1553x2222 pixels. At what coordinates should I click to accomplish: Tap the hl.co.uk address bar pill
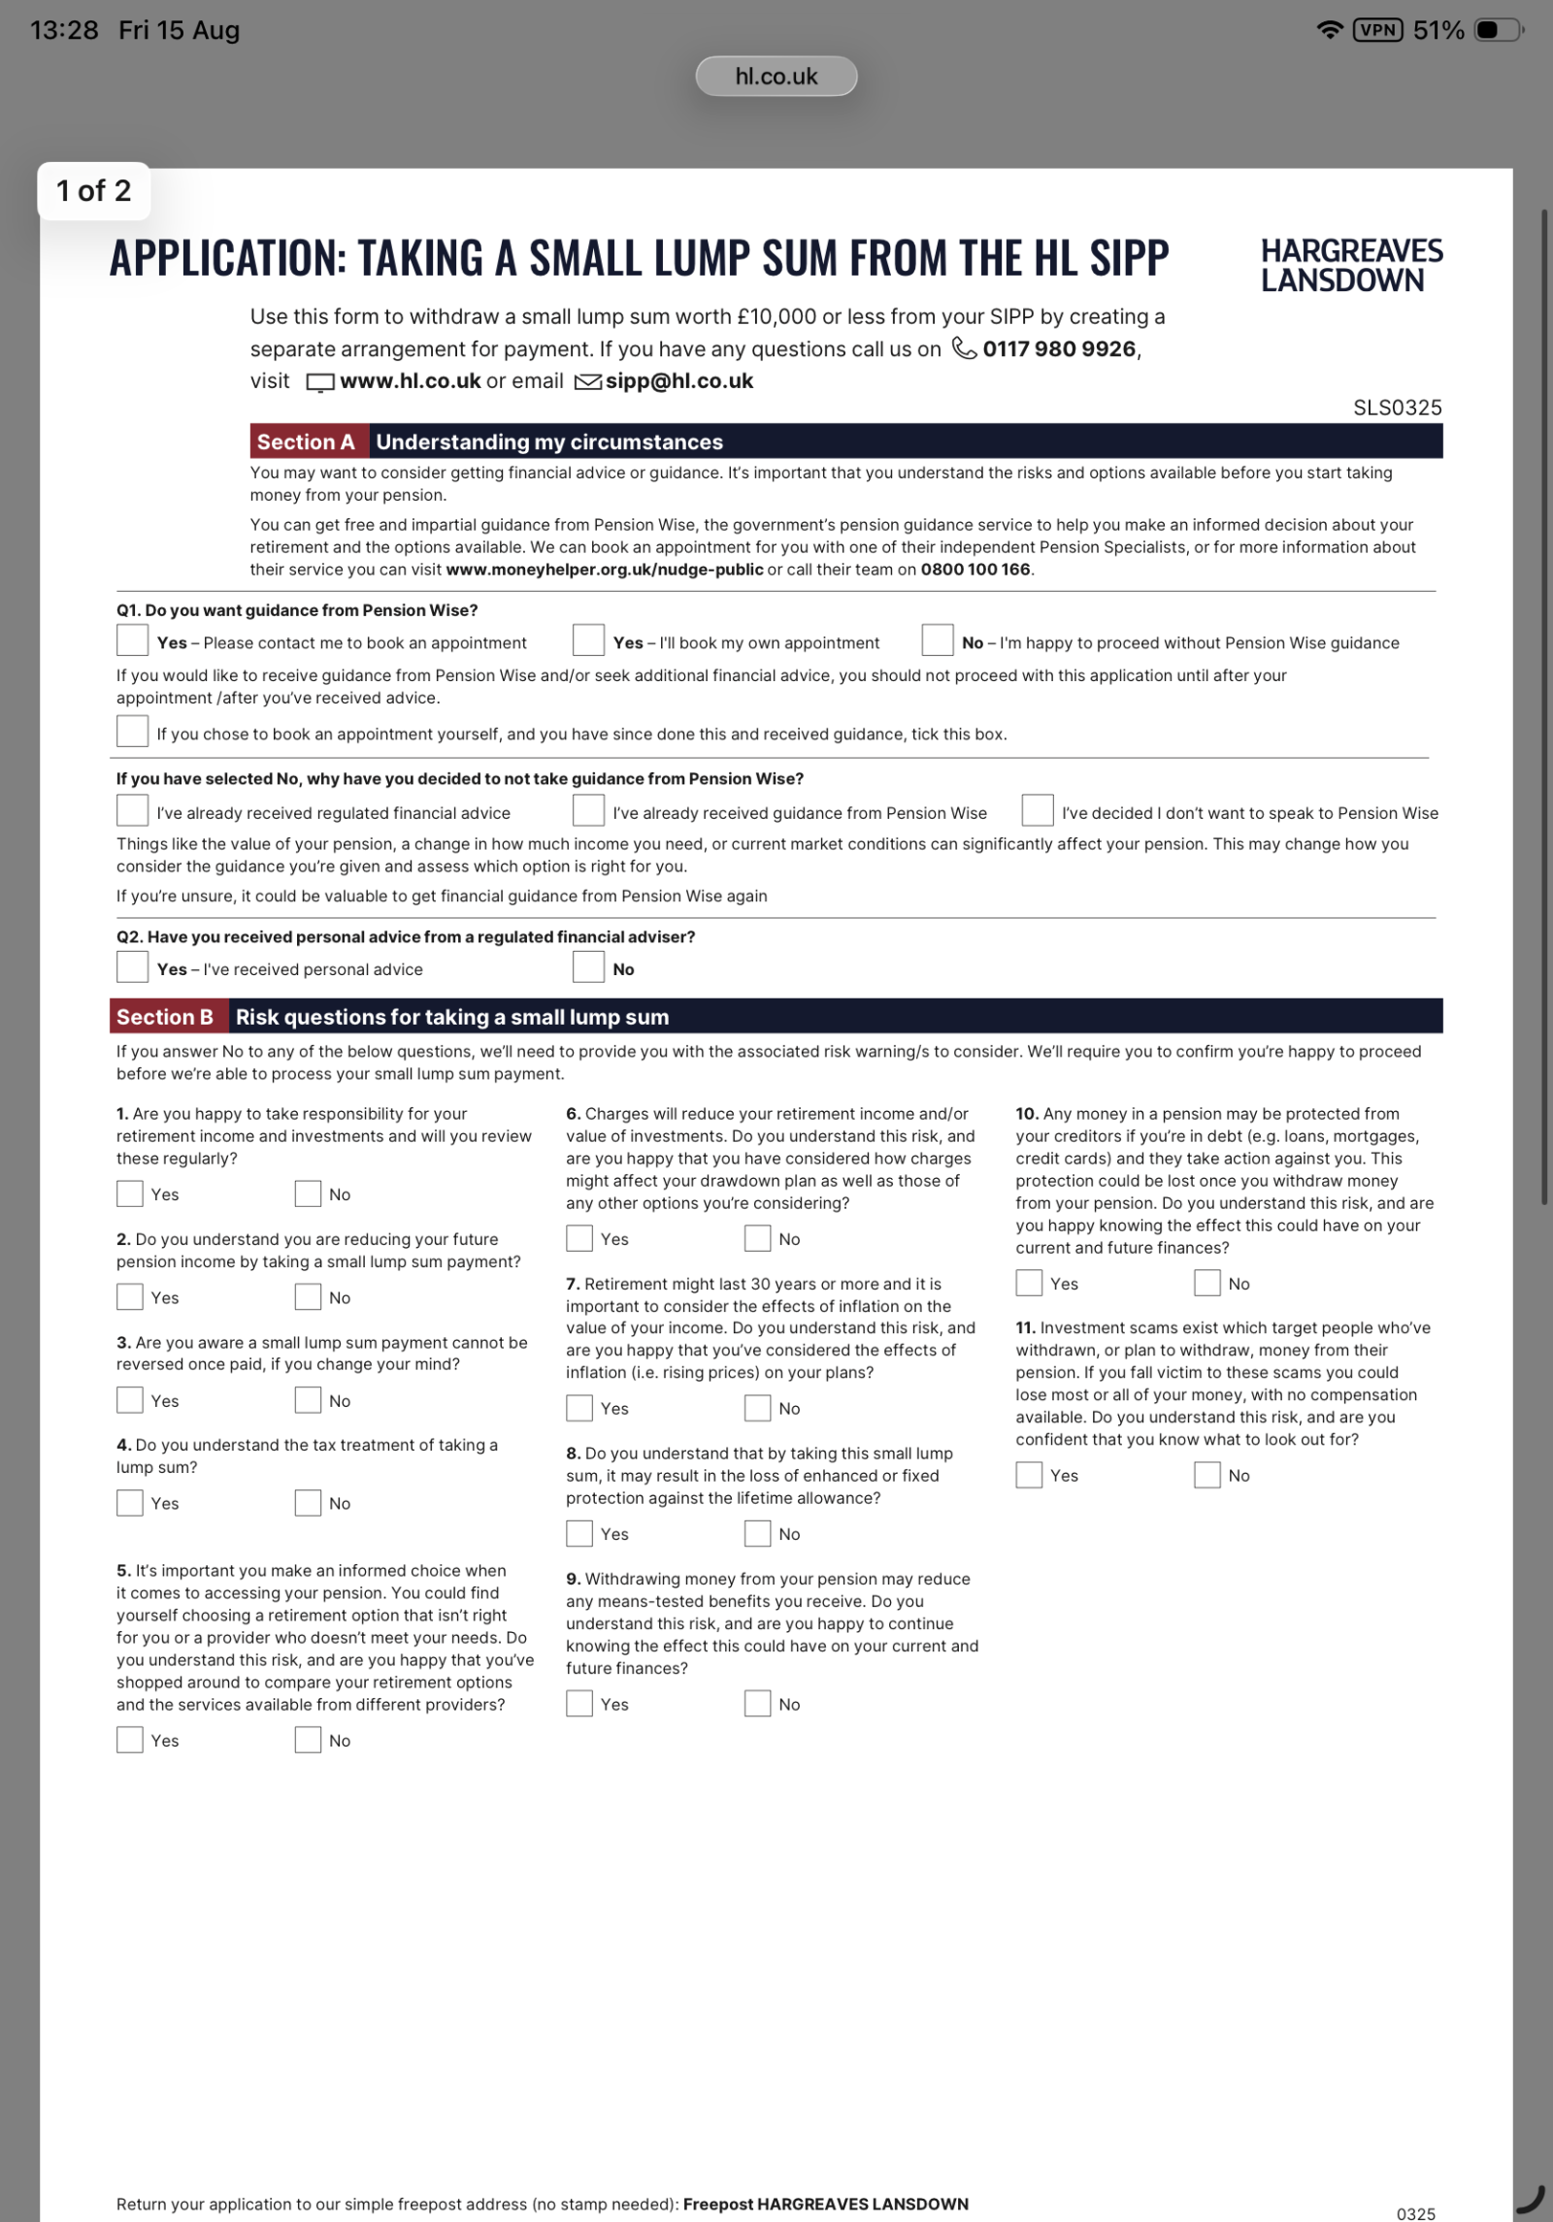(776, 77)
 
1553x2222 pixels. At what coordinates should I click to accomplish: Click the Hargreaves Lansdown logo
(1350, 265)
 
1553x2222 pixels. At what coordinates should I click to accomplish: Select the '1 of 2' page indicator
(93, 191)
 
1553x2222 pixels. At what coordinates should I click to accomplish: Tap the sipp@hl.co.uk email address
(678, 381)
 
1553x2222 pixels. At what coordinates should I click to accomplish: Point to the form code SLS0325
(1397, 408)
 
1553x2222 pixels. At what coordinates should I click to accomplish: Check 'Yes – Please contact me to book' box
(132, 641)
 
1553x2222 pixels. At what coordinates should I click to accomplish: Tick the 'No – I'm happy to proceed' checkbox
(937, 641)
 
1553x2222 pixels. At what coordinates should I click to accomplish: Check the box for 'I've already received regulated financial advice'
(132, 811)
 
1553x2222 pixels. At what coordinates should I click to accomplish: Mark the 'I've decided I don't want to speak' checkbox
(1037, 811)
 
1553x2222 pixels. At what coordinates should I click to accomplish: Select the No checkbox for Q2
(588, 967)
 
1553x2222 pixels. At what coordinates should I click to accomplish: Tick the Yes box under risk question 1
(130, 1193)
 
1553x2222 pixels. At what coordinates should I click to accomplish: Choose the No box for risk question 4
(308, 1502)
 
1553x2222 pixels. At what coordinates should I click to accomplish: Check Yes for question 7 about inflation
(579, 1407)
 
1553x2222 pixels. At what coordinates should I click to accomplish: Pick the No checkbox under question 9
(757, 1703)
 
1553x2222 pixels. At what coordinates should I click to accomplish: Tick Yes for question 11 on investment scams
(1029, 1475)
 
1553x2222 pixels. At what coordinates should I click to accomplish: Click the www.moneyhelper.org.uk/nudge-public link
(604, 570)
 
